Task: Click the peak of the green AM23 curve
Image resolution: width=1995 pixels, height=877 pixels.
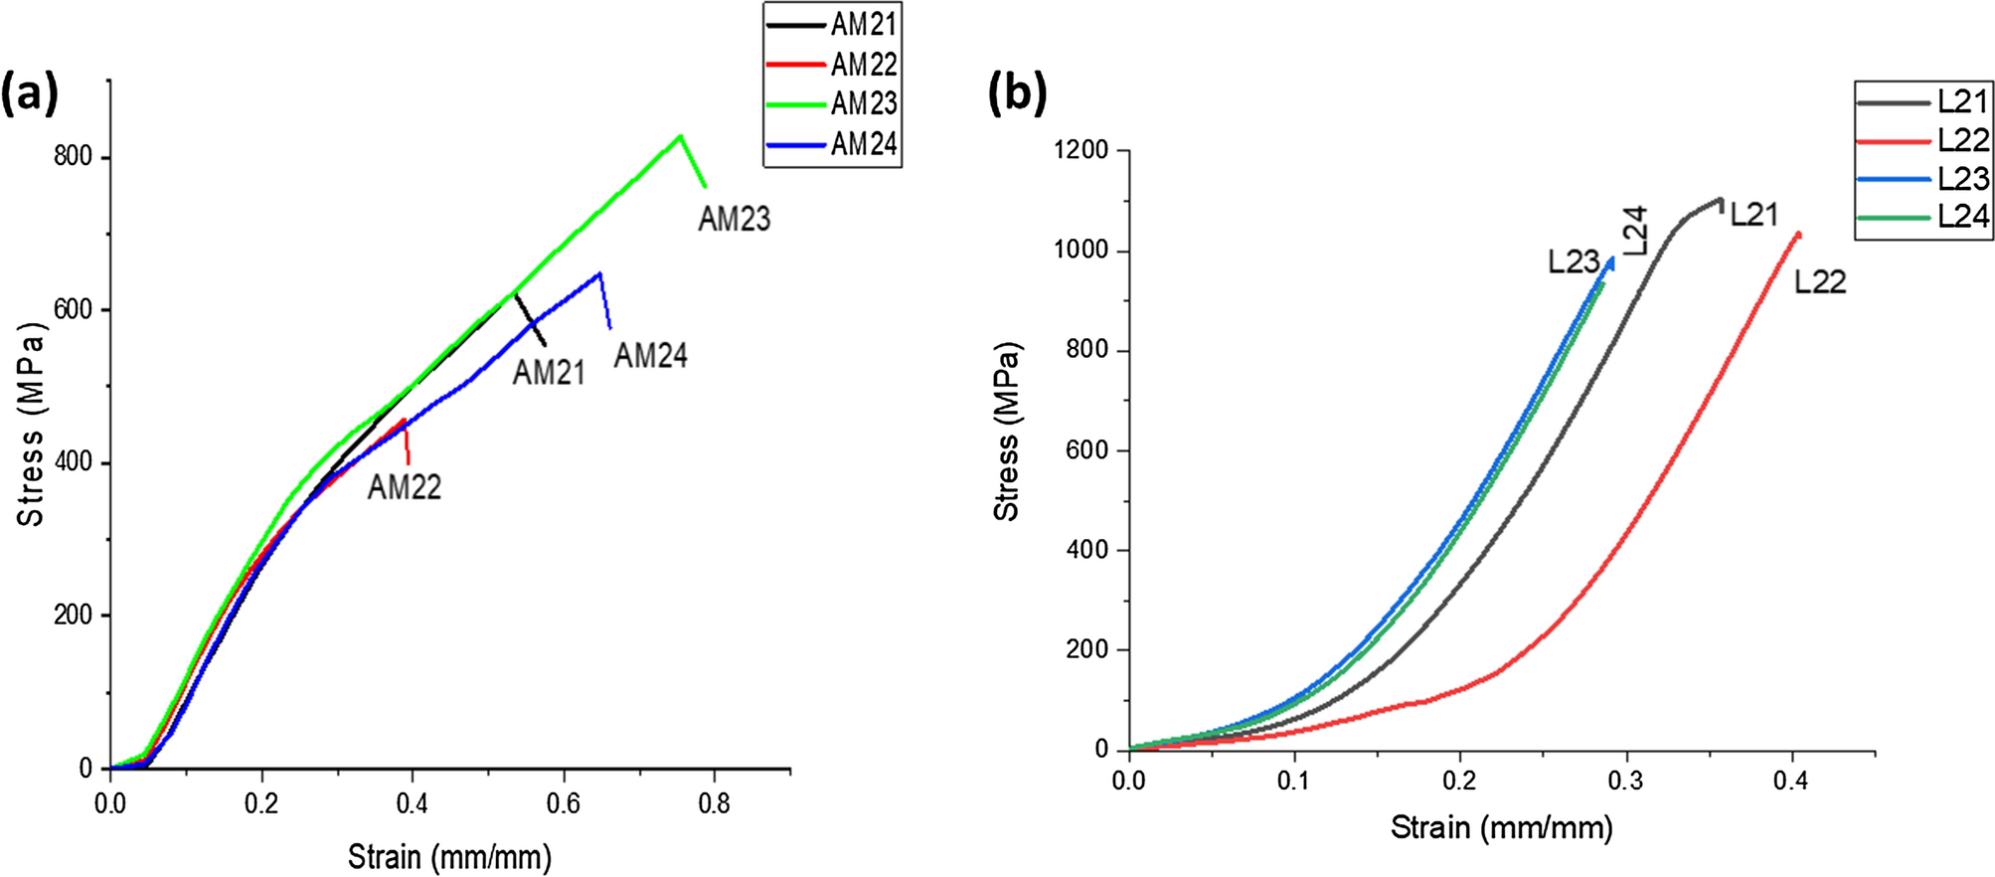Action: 681,136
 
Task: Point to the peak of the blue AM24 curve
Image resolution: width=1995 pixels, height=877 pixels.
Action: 599,273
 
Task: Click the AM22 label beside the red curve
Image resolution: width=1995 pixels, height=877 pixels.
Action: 405,487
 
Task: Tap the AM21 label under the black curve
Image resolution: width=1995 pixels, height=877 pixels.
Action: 549,373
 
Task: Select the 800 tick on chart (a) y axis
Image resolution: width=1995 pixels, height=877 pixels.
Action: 73,157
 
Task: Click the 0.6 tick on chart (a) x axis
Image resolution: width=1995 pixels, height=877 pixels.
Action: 564,803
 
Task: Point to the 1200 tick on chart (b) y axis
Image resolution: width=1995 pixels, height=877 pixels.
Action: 1081,150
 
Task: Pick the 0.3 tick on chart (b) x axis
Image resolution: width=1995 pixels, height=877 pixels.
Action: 1626,781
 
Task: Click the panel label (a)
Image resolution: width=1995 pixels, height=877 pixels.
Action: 30,94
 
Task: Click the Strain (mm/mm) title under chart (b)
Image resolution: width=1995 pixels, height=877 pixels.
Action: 1501,827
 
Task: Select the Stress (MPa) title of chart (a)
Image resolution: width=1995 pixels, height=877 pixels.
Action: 31,425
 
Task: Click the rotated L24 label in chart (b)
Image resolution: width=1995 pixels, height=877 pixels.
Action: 1635,230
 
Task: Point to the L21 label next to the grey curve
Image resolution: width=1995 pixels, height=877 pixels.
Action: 1753,215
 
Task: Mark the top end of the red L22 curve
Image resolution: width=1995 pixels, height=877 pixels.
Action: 1798,235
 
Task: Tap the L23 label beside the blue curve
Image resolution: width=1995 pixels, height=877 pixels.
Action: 1574,263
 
